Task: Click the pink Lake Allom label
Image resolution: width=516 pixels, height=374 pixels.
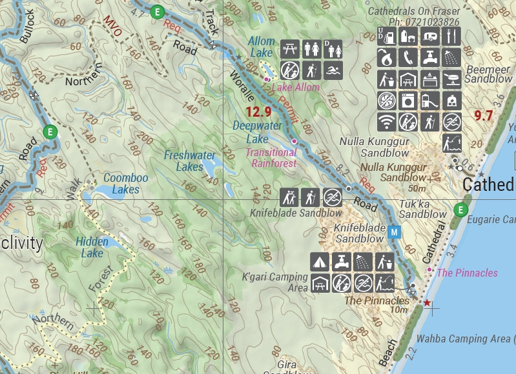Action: [295, 88]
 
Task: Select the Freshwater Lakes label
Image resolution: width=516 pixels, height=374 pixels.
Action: [189, 161]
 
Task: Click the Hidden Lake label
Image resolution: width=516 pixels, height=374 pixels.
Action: [92, 248]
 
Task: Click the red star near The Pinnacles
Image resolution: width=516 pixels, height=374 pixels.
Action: [426, 302]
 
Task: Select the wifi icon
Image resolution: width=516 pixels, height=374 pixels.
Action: [386, 121]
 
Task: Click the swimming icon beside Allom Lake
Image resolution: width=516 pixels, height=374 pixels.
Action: [333, 70]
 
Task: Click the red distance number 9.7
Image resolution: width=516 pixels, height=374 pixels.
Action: [483, 116]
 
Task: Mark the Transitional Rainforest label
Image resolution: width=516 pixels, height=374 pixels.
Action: [274, 158]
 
